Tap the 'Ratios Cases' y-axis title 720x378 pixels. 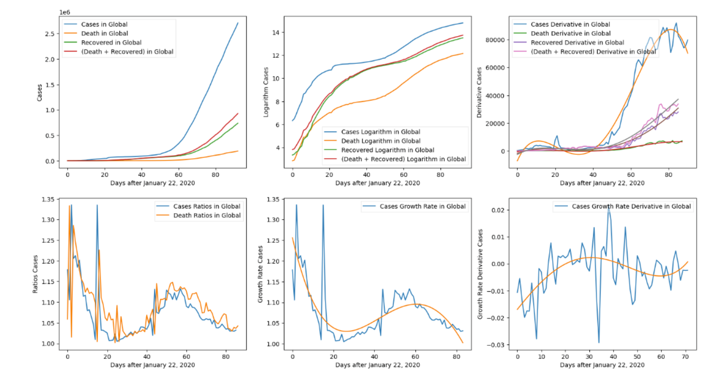(x=36, y=274)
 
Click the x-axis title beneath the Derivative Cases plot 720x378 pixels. (x=602, y=183)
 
